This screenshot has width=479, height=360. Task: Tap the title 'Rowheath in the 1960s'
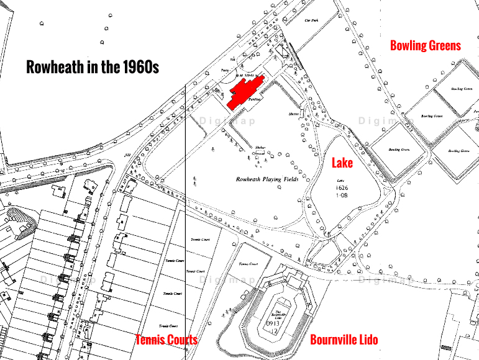(93, 67)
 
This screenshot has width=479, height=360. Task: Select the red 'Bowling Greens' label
(426, 45)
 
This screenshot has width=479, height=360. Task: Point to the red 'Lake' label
(342, 163)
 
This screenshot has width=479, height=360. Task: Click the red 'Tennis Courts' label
(167, 340)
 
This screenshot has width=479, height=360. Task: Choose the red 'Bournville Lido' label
(344, 340)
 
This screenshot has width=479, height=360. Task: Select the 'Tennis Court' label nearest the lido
(248, 263)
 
